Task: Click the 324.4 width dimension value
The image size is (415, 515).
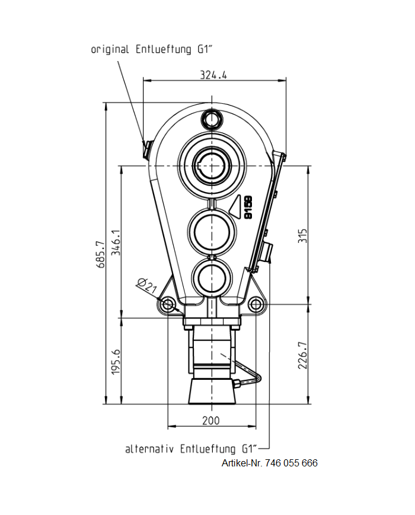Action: (x=214, y=75)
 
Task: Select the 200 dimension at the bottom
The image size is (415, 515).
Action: (x=210, y=420)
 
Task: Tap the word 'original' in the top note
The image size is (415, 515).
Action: (x=110, y=49)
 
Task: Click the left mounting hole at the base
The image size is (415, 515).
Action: (x=168, y=305)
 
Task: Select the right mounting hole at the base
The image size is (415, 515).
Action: (x=256, y=305)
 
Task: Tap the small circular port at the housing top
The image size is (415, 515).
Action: (x=212, y=121)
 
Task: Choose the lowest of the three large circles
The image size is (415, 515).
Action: (x=212, y=277)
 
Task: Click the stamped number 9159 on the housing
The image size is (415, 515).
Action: (x=248, y=207)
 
